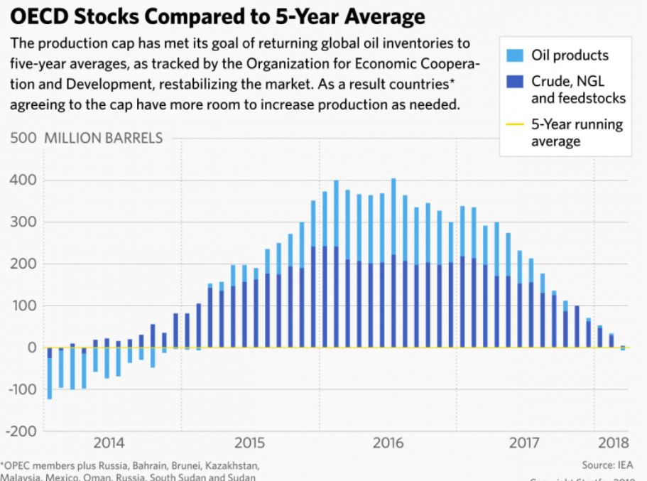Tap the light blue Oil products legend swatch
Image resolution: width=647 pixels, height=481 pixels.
coord(515,55)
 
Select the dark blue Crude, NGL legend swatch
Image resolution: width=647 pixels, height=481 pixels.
coord(515,80)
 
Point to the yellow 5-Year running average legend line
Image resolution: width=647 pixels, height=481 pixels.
coord(515,124)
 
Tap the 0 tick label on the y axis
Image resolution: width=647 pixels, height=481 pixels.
coord(31,347)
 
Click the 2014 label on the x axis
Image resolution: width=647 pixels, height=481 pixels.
coord(109,443)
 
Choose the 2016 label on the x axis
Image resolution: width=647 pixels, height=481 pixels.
coord(388,443)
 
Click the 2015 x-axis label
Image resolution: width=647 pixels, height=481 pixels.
coord(249,443)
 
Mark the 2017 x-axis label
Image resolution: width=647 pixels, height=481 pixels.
coord(526,443)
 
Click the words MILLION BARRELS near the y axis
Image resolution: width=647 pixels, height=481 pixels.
coord(104,139)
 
